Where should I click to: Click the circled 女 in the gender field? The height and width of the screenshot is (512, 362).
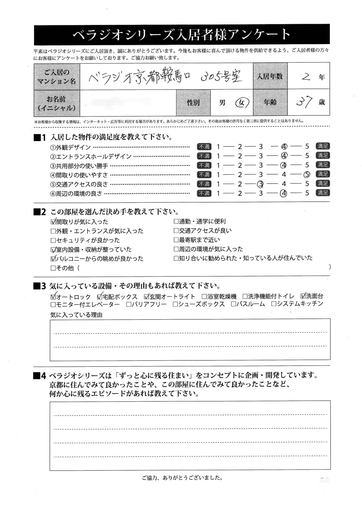pos(242,103)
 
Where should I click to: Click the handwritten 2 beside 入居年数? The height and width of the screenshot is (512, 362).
pos(306,77)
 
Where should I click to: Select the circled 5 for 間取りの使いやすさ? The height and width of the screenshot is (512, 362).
pos(307,174)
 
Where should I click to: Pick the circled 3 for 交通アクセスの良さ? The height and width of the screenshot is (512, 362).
pos(260,184)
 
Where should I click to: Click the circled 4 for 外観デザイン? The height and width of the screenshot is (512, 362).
pos(284,147)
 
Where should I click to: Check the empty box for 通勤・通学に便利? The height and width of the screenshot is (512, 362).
pos(176,222)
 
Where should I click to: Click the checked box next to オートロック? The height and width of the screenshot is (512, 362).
pos(53,296)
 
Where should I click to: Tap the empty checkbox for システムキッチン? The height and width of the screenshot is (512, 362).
pos(274,304)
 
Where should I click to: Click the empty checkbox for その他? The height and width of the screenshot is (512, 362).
pos(53,268)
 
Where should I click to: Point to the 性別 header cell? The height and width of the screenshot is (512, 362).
pos(193,103)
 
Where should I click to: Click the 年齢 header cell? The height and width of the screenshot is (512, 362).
pos(270,103)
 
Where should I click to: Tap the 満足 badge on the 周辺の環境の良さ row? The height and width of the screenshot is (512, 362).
pos(322,192)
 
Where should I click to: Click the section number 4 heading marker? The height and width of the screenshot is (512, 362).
pos(40,376)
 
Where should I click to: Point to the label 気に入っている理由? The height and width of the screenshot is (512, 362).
pos(76,315)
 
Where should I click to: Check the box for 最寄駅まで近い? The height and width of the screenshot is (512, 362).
pos(176,240)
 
